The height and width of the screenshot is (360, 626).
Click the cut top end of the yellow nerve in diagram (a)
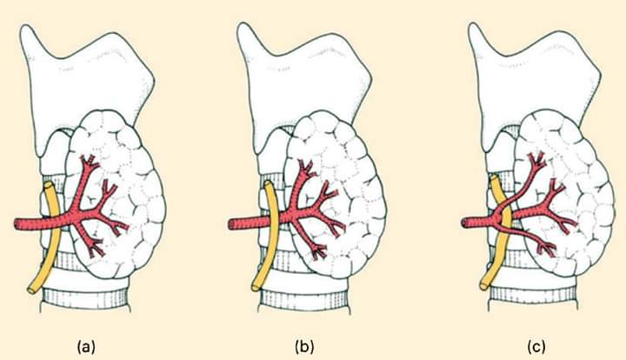point(49,185)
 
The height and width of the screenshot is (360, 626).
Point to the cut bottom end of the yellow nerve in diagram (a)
point(31,290)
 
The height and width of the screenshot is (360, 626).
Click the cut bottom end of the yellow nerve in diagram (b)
point(256,287)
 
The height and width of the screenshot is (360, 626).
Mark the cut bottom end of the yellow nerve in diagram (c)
point(484,285)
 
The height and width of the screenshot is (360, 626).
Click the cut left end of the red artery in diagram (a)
point(17,223)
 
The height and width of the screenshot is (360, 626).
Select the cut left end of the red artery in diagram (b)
point(231,224)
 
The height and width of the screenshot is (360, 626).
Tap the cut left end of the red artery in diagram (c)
point(464,223)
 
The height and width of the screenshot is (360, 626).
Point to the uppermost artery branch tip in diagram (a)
point(90,157)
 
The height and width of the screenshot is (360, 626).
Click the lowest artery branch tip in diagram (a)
point(97,253)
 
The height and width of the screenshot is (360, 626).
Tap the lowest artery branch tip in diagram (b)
point(322,255)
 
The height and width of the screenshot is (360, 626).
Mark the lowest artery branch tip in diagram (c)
point(549,251)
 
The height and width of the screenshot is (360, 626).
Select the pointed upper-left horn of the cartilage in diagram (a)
point(26,27)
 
